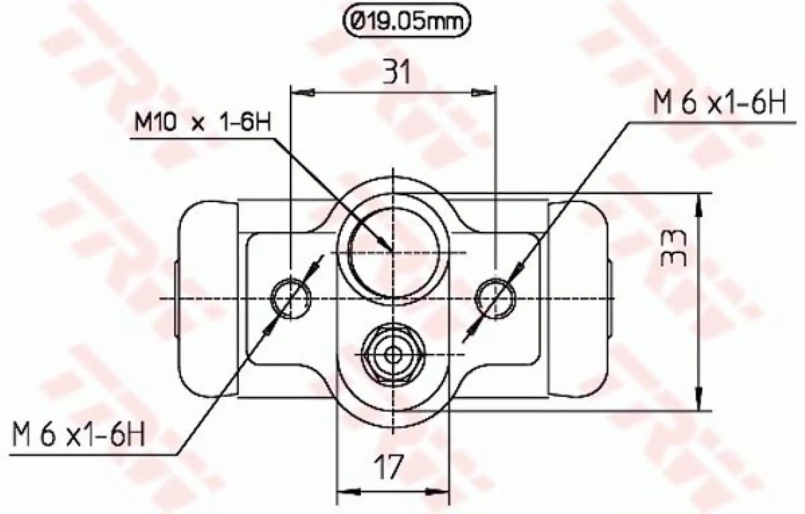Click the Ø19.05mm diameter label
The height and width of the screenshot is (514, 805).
[406, 22]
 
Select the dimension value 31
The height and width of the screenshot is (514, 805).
[397, 72]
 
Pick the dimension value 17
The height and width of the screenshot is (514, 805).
[389, 467]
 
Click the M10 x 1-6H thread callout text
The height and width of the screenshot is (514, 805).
[202, 122]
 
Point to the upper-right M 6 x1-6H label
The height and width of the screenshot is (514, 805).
[720, 103]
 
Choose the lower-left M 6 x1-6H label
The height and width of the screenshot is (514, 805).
[78, 435]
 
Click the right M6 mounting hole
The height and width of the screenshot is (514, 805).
[495, 298]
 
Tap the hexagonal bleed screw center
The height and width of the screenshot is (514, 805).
[393, 355]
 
